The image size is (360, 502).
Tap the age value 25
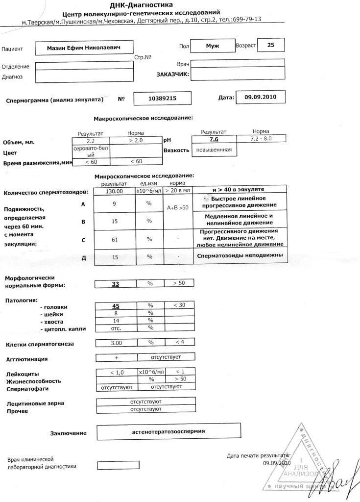click(270, 45)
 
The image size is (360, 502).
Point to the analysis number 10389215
click(162, 99)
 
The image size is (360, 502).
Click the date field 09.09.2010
click(261, 97)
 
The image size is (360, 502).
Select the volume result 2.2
click(91, 140)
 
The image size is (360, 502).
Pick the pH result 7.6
click(214, 140)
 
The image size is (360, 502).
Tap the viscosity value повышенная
click(214, 150)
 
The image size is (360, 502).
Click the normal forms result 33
click(116, 283)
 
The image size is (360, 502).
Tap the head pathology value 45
click(116, 306)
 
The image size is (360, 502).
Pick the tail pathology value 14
click(116, 321)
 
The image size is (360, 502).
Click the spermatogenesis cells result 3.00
click(116, 342)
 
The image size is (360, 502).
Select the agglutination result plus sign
click(116, 357)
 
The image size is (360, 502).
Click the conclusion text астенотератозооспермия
click(168, 431)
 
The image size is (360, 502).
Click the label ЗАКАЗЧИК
click(172, 75)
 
